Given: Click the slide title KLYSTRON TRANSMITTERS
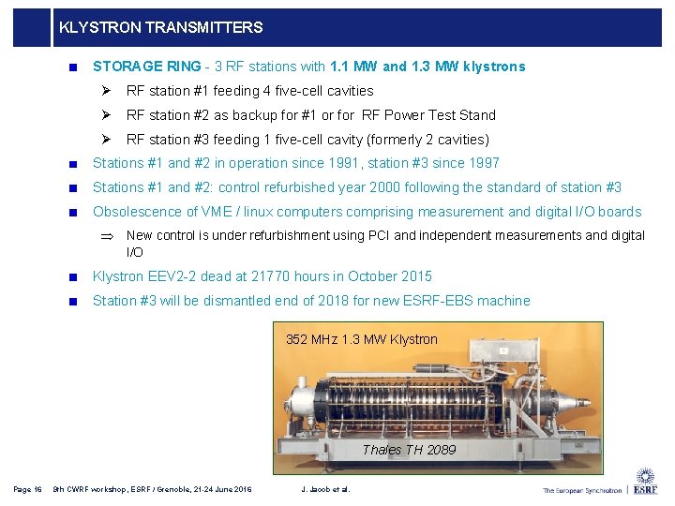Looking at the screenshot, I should tap(160, 28).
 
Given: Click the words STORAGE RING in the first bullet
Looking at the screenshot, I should tap(146, 67).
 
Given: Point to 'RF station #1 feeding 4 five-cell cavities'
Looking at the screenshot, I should tap(249, 91).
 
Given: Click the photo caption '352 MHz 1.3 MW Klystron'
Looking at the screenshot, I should tap(361, 339).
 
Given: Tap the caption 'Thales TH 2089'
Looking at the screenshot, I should tap(409, 450).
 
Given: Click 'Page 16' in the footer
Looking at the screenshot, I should tap(27, 489).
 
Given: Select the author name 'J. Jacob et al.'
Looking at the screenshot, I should tap(325, 489).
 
